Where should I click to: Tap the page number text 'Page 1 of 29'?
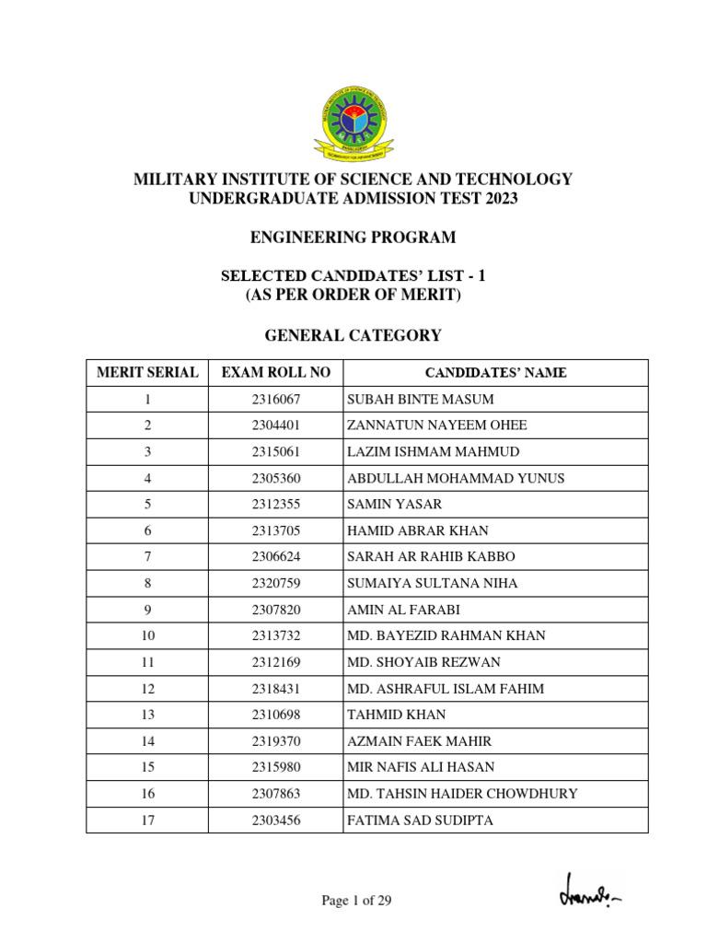point(356,901)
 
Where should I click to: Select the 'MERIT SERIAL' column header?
point(147,373)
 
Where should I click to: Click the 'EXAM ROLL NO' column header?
point(275,373)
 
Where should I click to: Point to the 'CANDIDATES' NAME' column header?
point(495,373)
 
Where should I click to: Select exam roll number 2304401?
point(275,425)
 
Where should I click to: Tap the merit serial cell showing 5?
point(147,505)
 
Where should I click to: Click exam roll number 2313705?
point(275,530)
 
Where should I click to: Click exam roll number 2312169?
point(275,662)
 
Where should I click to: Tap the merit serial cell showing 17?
point(147,820)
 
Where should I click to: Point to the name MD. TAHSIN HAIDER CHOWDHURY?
point(462,793)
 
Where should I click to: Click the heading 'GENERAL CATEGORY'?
point(353,336)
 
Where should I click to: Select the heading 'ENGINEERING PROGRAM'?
point(353,238)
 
